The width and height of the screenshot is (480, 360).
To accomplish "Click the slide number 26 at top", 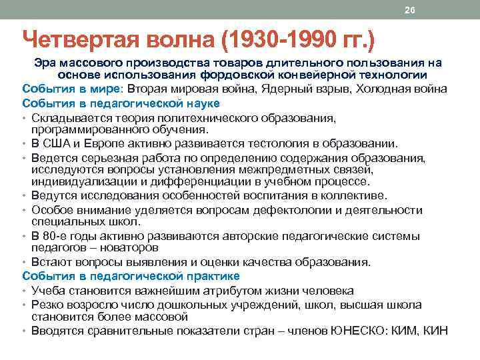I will coord(409,9).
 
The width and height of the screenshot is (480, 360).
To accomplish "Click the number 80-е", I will coord(55,236).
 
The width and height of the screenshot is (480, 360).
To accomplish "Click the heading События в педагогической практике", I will coord(131,276).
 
